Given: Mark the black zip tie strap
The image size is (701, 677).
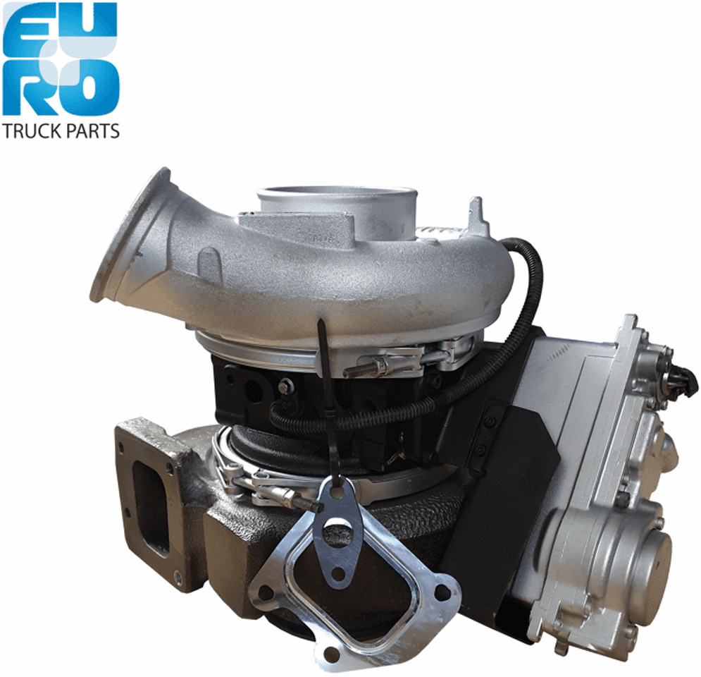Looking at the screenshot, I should click(x=325, y=395).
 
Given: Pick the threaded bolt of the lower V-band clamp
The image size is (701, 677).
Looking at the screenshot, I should click(x=299, y=501).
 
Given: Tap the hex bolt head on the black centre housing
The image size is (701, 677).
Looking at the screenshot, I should click(x=286, y=386).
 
